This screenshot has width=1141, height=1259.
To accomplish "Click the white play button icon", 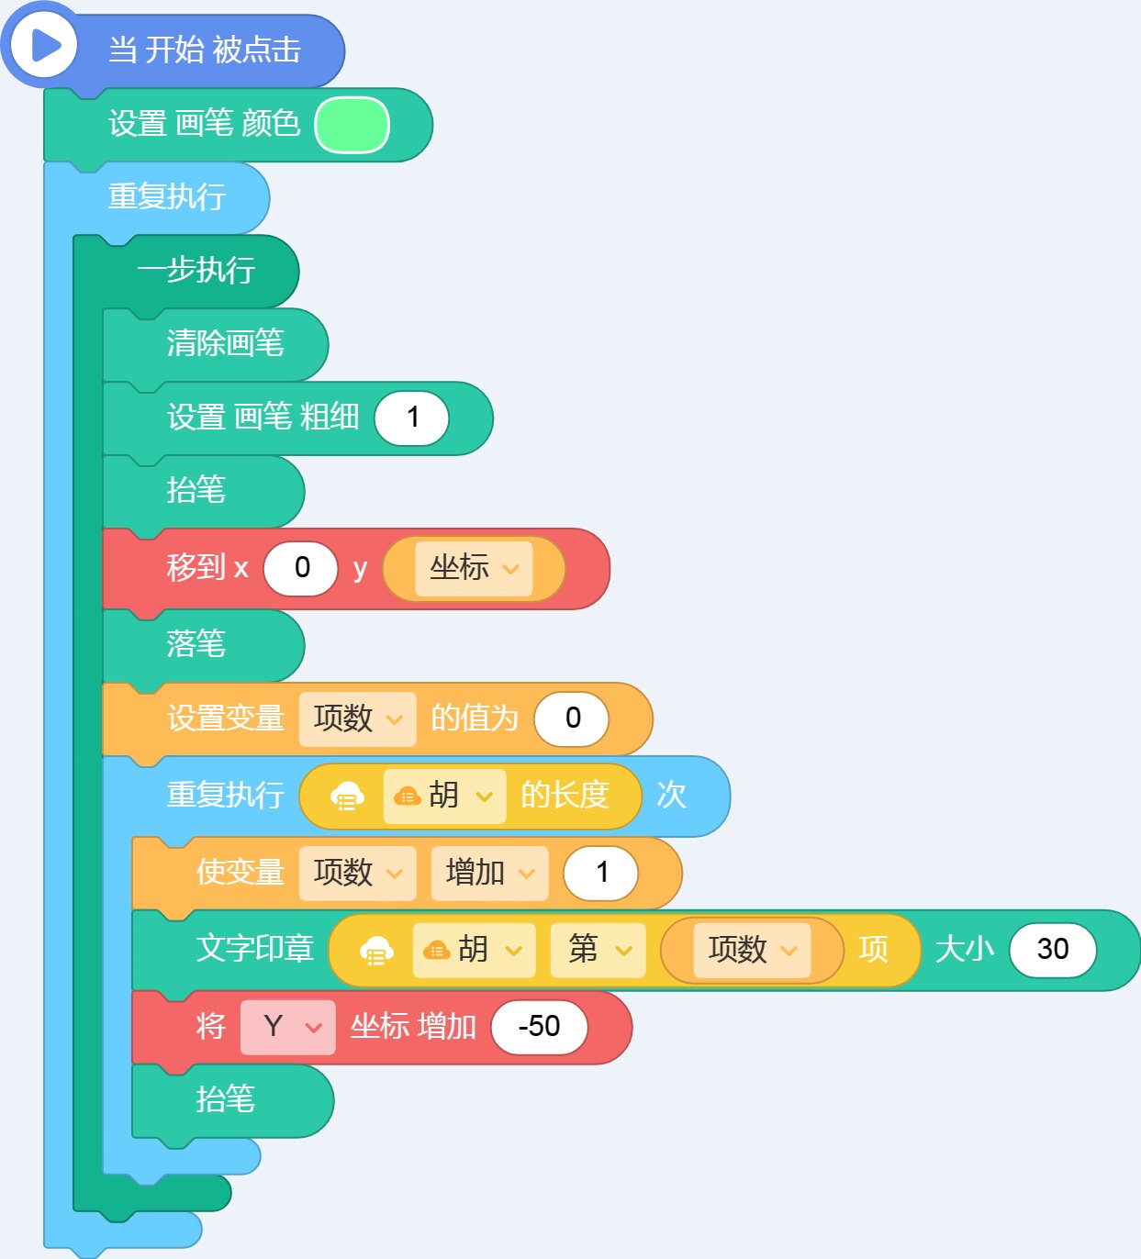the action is pos(44,46).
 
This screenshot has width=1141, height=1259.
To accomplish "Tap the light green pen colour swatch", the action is pos(352,125).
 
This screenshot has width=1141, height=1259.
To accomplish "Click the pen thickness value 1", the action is pos(411,418).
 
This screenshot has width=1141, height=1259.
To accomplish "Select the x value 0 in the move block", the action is pos(301,568).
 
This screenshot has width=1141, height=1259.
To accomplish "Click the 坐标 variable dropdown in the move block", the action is pos(474,569).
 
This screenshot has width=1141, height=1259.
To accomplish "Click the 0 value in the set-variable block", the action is pos(572,719).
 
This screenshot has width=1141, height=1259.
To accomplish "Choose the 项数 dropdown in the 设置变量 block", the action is pos(357,719).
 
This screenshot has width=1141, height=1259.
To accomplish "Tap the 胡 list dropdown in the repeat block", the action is pos(444,797).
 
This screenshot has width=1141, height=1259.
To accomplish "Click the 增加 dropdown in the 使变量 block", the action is pos(489,873).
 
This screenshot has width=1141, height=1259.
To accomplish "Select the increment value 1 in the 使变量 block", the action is pos(601,873).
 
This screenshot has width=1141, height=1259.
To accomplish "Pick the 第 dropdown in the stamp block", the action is pos(598,950).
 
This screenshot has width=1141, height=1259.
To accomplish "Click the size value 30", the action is pos(1053,950).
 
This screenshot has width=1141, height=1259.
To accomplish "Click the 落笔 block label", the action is pos(196,644).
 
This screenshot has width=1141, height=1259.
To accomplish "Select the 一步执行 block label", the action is pos(196,271).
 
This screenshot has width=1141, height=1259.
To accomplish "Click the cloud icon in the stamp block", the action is pos(376,950).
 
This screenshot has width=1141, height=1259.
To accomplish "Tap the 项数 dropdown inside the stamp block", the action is pos(752,950).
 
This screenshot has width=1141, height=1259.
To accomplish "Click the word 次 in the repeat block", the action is pos(671,796).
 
